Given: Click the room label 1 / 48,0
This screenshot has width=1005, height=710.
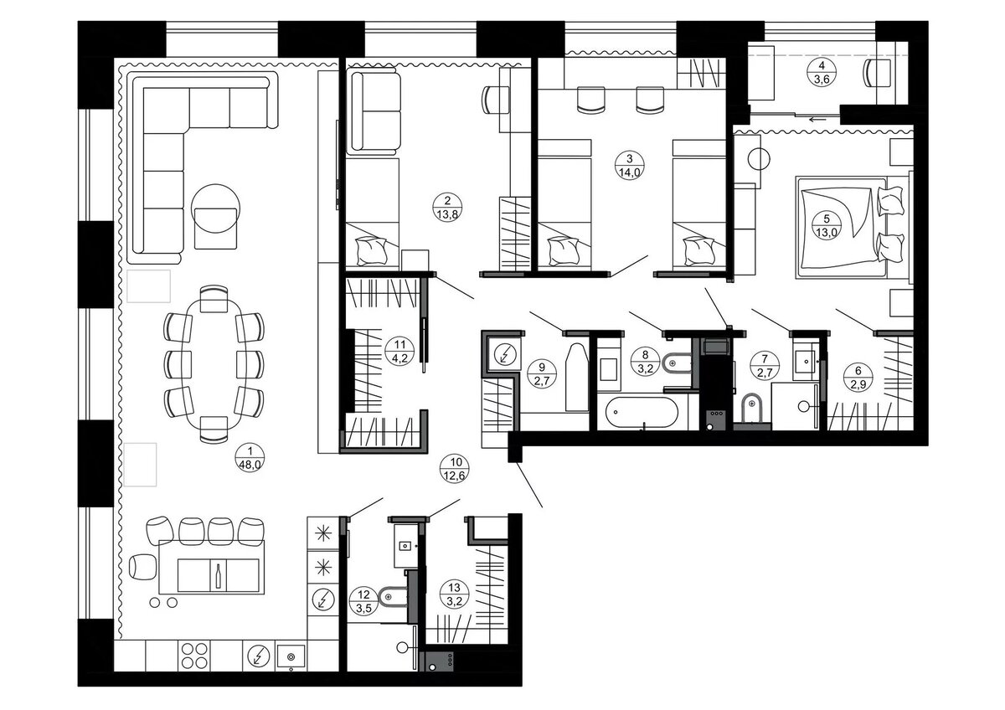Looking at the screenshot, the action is [x=250, y=458].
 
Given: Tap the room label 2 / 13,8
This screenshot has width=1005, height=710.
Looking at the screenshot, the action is [x=447, y=208].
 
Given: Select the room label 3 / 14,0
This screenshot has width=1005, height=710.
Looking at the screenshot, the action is [x=629, y=165].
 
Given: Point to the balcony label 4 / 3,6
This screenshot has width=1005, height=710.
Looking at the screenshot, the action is [x=822, y=72].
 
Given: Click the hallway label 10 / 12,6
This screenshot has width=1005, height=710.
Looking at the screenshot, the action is [x=456, y=469].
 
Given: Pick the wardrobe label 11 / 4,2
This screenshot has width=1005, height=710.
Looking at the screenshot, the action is [x=399, y=351].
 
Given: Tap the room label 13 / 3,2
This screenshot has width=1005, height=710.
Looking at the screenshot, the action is [x=454, y=594].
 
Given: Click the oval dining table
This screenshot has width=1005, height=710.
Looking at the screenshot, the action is [x=214, y=364].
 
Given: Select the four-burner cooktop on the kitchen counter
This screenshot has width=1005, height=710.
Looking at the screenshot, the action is [x=194, y=656].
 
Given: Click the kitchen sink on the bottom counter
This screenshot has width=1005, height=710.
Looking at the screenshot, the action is [x=291, y=656].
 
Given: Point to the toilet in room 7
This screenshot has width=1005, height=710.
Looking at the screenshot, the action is [x=752, y=408].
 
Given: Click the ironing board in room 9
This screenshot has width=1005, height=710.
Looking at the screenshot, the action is [x=577, y=378].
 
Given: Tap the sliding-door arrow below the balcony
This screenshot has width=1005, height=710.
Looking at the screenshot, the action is [x=817, y=119].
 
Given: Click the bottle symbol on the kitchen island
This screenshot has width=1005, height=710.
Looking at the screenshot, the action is [x=219, y=575].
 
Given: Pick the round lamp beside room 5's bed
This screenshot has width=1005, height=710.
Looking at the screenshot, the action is [x=759, y=159].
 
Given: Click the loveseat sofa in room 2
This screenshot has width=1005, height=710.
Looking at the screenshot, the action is [x=374, y=111].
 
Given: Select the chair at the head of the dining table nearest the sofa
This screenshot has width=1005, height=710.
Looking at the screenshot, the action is [x=214, y=298].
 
